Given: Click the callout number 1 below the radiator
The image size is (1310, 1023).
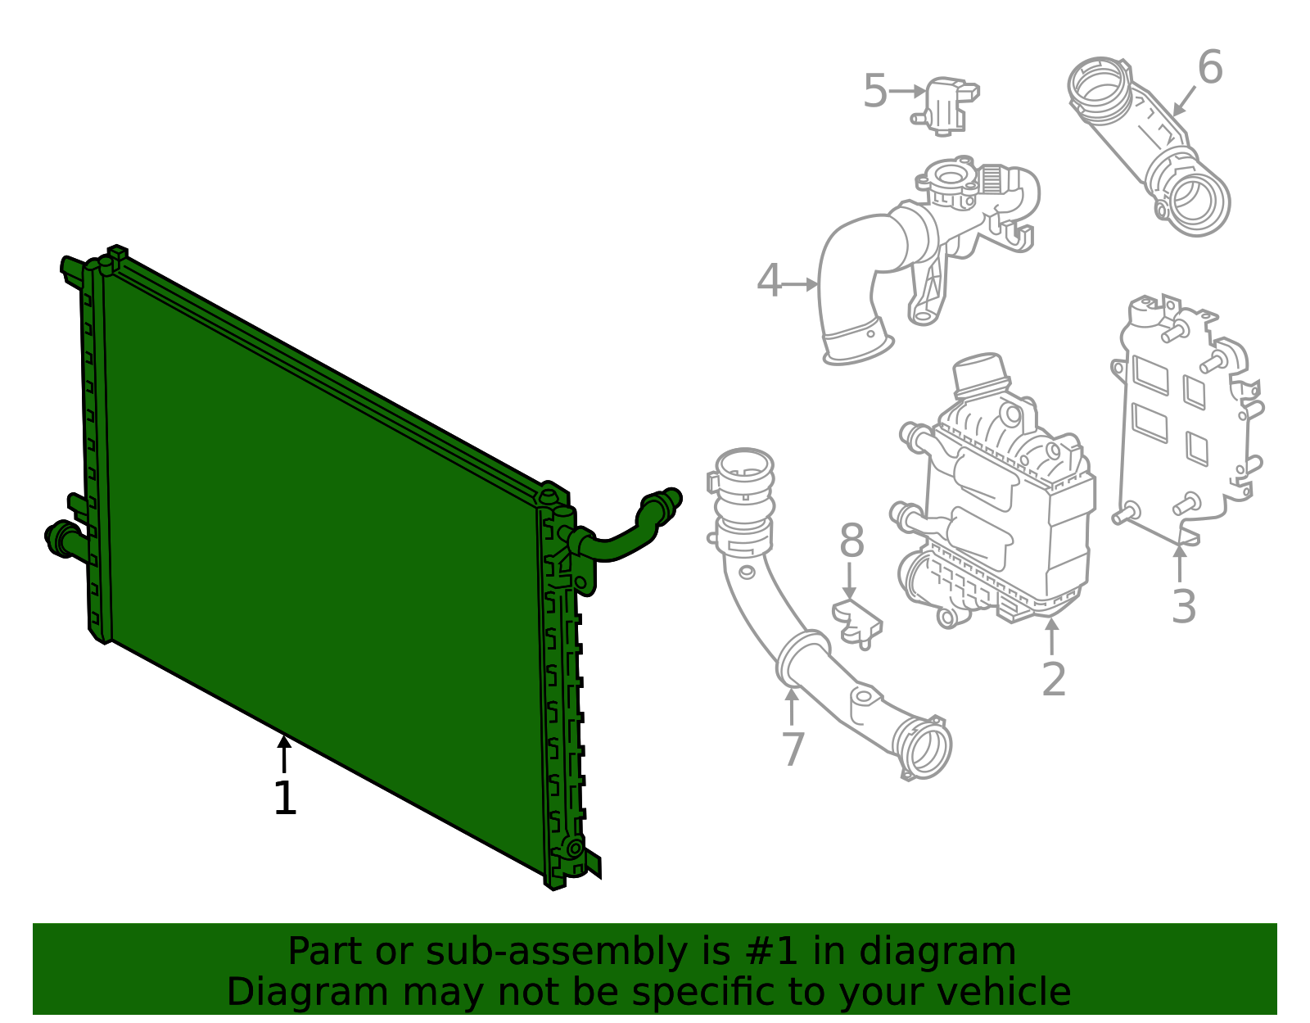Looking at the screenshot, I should (x=284, y=799).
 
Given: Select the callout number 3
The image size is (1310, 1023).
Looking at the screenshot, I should (x=1183, y=608).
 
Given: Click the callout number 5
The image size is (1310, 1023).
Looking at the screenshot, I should (x=874, y=92).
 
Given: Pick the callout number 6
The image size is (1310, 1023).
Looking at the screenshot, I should (x=1209, y=69).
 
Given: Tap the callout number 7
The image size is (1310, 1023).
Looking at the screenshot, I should (x=793, y=749).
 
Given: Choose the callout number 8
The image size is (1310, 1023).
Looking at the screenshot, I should (x=851, y=542).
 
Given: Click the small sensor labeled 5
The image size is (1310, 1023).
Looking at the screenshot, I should (x=948, y=105).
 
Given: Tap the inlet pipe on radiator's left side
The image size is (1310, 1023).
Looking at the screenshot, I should (x=62, y=538).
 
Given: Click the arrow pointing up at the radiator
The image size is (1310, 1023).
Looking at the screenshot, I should (x=284, y=752).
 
